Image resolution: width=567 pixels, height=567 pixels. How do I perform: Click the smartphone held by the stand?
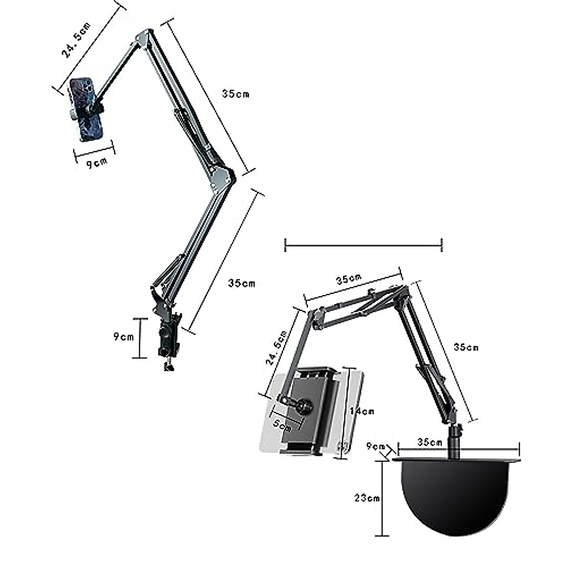pyautogui.click(x=87, y=110)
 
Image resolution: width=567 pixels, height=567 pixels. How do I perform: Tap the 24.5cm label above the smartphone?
pyautogui.click(x=76, y=40)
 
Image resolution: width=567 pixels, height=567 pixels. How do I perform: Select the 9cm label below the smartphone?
pyautogui.click(x=97, y=163)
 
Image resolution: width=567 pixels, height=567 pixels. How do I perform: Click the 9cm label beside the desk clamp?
pyautogui.click(x=124, y=336)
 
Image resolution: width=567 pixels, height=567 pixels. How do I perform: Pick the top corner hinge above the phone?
pyautogui.click(x=144, y=37)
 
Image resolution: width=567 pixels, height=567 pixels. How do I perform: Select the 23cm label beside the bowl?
pyautogui.click(x=367, y=498)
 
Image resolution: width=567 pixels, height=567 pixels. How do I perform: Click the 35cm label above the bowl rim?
pyautogui.click(x=430, y=450)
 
